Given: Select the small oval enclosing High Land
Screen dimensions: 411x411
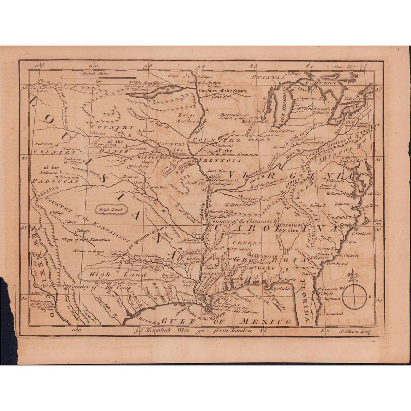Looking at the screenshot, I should tap(108, 210).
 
